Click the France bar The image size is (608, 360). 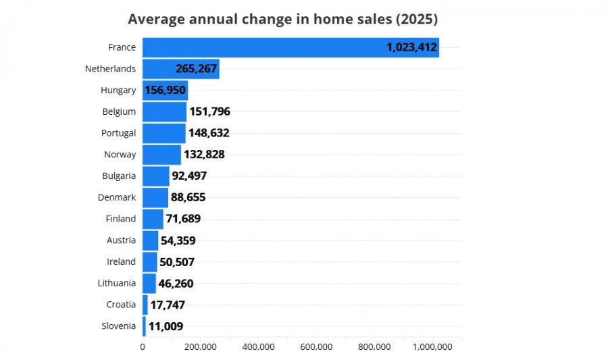[x=290, y=47]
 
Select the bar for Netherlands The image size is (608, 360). [x=181, y=69]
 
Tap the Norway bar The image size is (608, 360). [x=161, y=155]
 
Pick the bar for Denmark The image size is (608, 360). [x=155, y=198]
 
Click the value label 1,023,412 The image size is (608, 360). [x=412, y=47]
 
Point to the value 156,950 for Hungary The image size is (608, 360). [x=166, y=91]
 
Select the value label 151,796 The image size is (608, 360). [x=210, y=111]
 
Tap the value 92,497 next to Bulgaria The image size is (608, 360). [x=189, y=176]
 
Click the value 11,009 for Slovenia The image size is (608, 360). [x=166, y=326]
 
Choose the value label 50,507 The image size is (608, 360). [x=177, y=262]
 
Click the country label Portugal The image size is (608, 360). [x=119, y=133]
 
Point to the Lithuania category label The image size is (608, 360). [x=117, y=283]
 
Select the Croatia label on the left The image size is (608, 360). [x=121, y=305]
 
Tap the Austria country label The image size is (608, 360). [x=122, y=240]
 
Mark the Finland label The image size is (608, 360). [x=121, y=219]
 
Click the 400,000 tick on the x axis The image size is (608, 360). [x=258, y=346]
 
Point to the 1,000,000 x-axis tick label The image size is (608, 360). [x=432, y=346]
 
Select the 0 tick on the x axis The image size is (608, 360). [x=143, y=346]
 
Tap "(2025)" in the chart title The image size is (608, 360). [x=417, y=19]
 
